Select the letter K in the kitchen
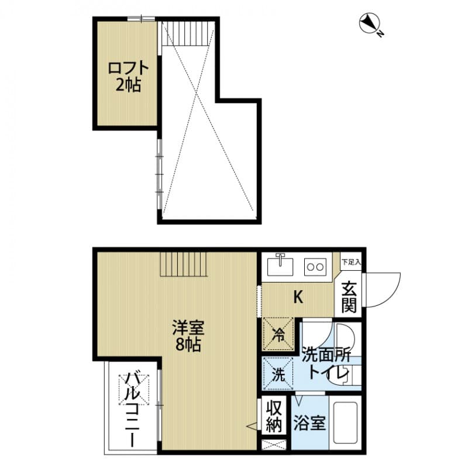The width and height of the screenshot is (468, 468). [298, 297]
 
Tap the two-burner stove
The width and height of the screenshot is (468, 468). [316, 267]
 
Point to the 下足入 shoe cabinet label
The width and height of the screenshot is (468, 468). [351, 261]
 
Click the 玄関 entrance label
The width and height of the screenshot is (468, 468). [350, 296]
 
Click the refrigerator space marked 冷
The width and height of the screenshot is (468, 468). [279, 334]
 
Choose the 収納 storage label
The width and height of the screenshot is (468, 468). [273, 415]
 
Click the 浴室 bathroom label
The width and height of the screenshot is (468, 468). [309, 423]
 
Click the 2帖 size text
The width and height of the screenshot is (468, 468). [128, 85]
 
